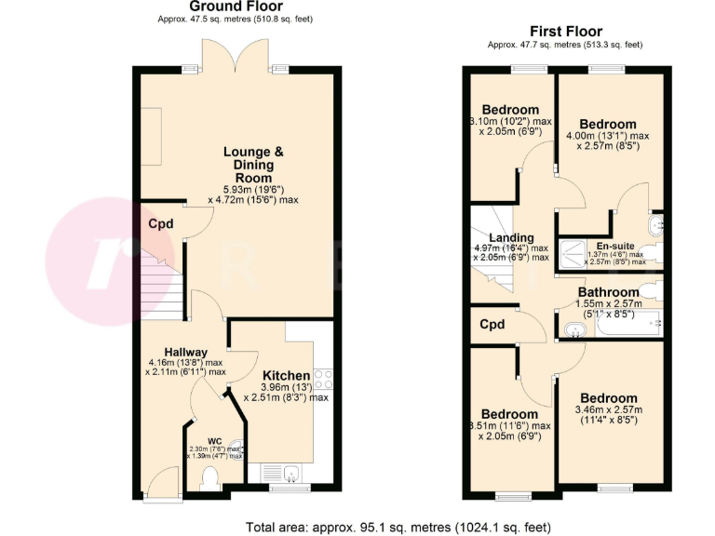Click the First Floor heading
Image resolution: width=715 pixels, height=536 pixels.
(564, 32)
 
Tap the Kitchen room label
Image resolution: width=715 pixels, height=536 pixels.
(286, 375)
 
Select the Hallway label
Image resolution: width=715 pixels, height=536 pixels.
(185, 351)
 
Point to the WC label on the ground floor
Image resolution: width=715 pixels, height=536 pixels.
(214, 439)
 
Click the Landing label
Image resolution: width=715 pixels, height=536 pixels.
(512, 237)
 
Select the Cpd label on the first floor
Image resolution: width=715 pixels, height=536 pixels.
(492, 325)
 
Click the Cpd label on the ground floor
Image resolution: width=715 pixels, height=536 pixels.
(160, 223)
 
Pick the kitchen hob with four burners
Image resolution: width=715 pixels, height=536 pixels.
(324, 380)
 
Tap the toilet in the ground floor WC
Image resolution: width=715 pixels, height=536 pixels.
(209, 477)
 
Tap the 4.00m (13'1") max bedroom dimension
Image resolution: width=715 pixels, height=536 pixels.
(607, 135)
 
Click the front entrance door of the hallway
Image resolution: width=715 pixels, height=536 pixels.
(159, 480)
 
